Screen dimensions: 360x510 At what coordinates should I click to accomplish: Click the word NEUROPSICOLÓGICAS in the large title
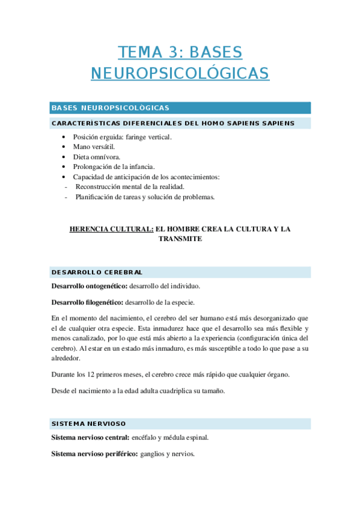(180, 73)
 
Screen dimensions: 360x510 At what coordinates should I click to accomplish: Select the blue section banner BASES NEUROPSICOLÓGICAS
(110, 108)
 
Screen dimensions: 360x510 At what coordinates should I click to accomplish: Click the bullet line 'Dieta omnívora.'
(96, 157)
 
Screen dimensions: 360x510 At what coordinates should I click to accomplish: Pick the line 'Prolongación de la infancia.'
(114, 167)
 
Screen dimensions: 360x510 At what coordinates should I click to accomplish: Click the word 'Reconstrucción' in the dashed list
(100, 186)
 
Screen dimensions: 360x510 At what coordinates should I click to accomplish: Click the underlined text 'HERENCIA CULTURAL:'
(111, 229)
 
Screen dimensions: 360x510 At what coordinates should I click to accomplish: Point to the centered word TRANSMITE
(180, 239)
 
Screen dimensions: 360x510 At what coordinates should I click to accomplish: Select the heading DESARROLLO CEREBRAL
(97, 272)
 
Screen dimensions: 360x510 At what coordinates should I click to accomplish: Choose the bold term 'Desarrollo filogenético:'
(88, 302)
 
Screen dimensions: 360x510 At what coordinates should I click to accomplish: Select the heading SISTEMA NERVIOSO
(89, 424)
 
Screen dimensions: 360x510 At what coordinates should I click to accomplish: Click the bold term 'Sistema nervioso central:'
(90, 437)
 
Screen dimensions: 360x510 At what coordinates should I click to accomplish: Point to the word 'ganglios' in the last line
(152, 454)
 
